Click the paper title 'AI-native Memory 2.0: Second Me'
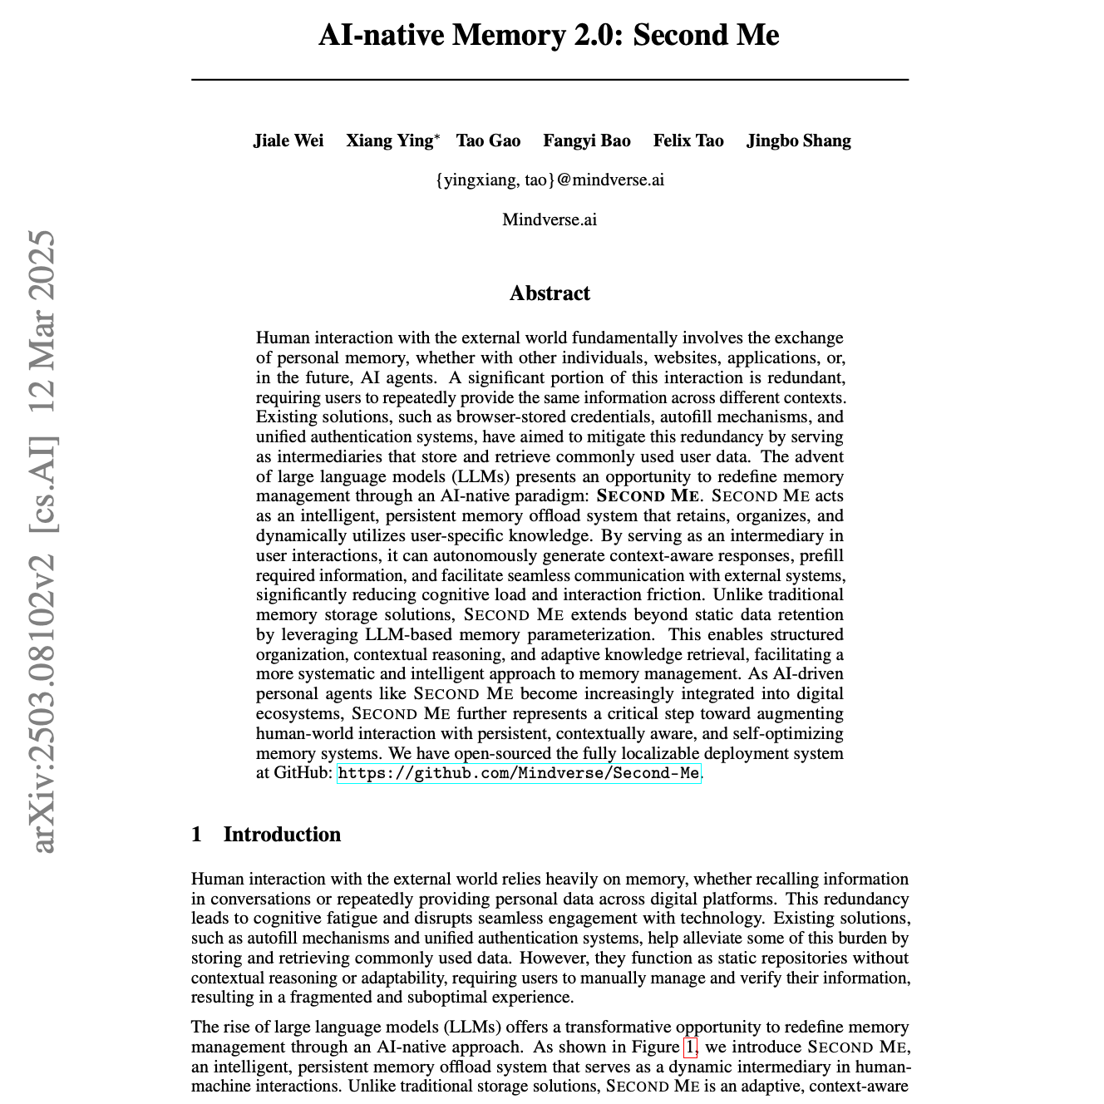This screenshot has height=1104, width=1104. point(549,36)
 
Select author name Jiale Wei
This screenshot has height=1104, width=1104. point(288,140)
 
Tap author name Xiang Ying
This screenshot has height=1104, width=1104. point(389,140)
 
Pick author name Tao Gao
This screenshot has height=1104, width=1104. point(488,140)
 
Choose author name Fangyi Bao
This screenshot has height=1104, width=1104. point(587,140)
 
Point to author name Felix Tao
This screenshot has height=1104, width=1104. point(688,140)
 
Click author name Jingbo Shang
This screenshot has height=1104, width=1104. point(798,140)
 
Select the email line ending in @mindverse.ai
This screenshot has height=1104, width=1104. point(550,180)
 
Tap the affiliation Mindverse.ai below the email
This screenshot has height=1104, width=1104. point(550,220)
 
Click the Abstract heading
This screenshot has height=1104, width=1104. point(550,293)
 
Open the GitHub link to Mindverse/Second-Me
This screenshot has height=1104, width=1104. point(519,774)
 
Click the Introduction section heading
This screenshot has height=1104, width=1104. point(282,835)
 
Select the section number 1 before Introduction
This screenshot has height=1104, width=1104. point(196,835)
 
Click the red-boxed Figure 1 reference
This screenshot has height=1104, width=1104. point(690,1047)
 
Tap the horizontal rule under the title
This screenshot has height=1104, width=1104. point(550,80)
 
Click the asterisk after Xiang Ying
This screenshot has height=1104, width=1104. point(437,136)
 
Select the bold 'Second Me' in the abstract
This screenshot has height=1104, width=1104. point(648,496)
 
